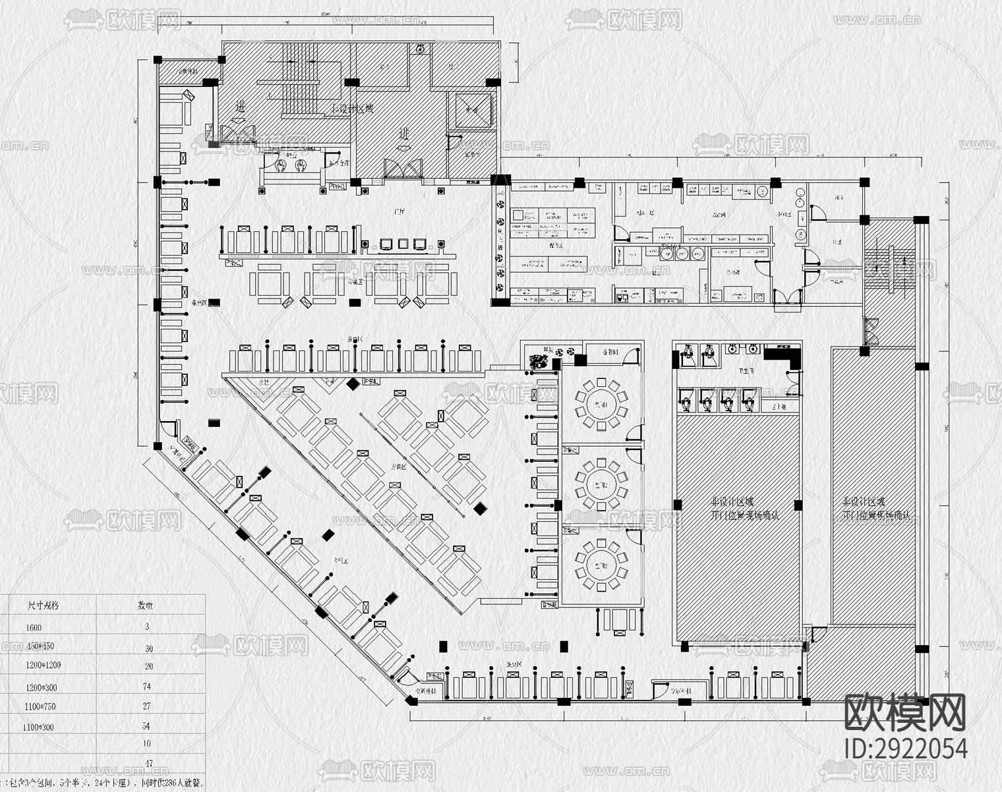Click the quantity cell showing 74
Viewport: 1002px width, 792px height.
[x=146, y=686]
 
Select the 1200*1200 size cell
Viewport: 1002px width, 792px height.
[x=44, y=665]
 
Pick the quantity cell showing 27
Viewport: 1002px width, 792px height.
[x=146, y=706]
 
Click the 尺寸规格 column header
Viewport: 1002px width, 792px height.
[x=43, y=604]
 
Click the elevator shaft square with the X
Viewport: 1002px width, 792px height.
[x=470, y=110]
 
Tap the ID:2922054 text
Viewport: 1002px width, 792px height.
[x=906, y=749]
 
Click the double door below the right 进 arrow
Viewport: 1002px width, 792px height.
[x=402, y=168]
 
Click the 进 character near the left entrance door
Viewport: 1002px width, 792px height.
[x=241, y=106]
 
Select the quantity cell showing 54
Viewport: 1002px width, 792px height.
[x=146, y=725]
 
